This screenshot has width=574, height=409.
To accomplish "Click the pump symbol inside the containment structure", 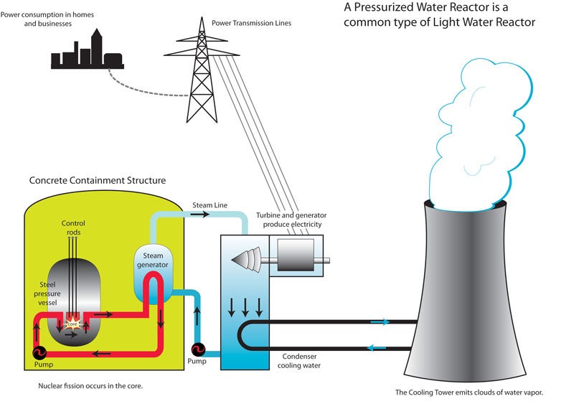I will [x=38, y=352].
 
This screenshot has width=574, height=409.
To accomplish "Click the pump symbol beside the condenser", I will [x=199, y=349].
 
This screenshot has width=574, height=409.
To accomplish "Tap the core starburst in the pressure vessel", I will [x=72, y=323].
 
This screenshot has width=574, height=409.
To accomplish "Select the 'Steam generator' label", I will [x=151, y=259].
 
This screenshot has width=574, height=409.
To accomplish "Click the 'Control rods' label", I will [x=73, y=227].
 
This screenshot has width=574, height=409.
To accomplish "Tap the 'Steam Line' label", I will [x=210, y=206].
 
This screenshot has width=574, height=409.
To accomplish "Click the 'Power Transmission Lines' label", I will [x=255, y=23].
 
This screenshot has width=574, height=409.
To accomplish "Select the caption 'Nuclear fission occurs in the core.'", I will [x=92, y=386].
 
